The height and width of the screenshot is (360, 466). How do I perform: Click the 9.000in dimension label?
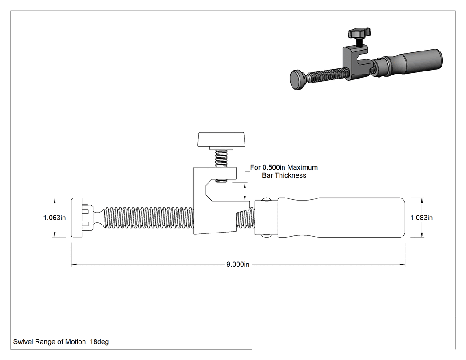pos(238,264)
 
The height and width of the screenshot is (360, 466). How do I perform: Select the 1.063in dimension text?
pos(55,218)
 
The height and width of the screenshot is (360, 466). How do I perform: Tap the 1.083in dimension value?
pos(422,218)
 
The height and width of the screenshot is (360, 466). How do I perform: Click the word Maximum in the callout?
pos(303,167)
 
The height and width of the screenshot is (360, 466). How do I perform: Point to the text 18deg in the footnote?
pos(99,342)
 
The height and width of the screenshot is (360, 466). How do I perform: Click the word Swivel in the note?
pos(23,341)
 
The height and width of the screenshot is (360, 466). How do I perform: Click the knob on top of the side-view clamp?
pos(221,139)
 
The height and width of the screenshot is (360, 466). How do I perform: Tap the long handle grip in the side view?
pos(341,218)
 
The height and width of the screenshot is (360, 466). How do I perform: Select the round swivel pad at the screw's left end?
pos(77,218)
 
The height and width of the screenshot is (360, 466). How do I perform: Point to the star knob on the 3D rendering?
pos(359,33)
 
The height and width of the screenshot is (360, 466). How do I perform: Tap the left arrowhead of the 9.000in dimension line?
pos(74,264)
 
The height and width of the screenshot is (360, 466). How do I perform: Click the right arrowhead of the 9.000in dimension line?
pos(402,264)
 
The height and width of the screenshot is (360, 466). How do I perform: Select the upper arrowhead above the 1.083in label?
pos(422,201)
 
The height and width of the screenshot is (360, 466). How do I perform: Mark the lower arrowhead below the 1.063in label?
pos(55,234)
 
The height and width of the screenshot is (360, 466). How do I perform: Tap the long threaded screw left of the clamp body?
pos(148,218)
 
